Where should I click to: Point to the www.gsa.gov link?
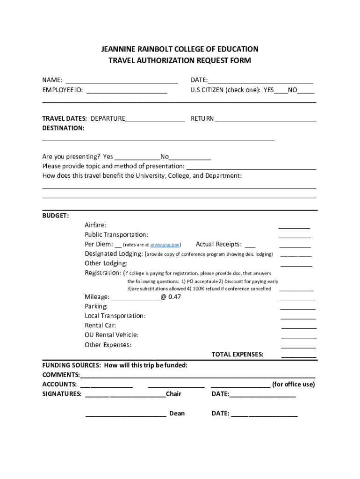coord(165,245)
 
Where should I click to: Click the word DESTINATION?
coord(63,128)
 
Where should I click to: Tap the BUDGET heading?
coord(56,216)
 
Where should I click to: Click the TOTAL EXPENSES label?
coord(238,354)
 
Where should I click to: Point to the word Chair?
coord(173,394)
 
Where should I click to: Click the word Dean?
coord(177,414)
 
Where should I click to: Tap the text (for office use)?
coord(294,385)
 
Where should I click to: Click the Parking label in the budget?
coord(96,306)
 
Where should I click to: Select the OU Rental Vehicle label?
coord(111,335)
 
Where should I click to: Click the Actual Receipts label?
coord(219,244)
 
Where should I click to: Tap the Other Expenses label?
coord(108,345)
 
